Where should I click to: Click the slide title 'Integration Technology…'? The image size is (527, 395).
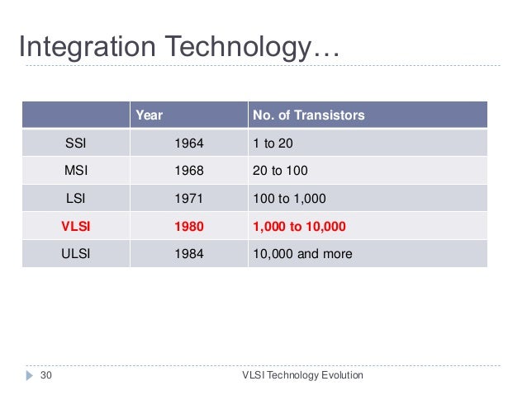tap(178, 46)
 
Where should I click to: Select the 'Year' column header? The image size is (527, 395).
tap(149, 116)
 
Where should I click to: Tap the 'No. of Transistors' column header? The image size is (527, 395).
tap(306, 116)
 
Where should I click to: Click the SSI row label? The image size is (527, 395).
tap(75, 143)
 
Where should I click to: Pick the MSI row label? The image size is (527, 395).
tap(75, 171)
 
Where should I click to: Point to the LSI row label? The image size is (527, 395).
tap(75, 198)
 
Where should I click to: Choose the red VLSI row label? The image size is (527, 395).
tap(75, 226)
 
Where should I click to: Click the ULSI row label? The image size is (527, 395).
tap(75, 253)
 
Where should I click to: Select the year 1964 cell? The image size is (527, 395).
tap(188, 143)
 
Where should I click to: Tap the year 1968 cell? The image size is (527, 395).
tap(188, 171)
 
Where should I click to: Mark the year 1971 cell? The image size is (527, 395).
tap(188, 198)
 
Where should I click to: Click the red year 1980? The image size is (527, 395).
tap(188, 226)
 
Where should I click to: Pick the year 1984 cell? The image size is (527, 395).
tap(188, 253)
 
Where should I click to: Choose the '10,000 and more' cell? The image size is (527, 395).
tap(301, 253)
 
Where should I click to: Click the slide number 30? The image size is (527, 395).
tap(46, 376)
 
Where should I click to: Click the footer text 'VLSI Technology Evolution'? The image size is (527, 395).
tap(301, 376)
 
